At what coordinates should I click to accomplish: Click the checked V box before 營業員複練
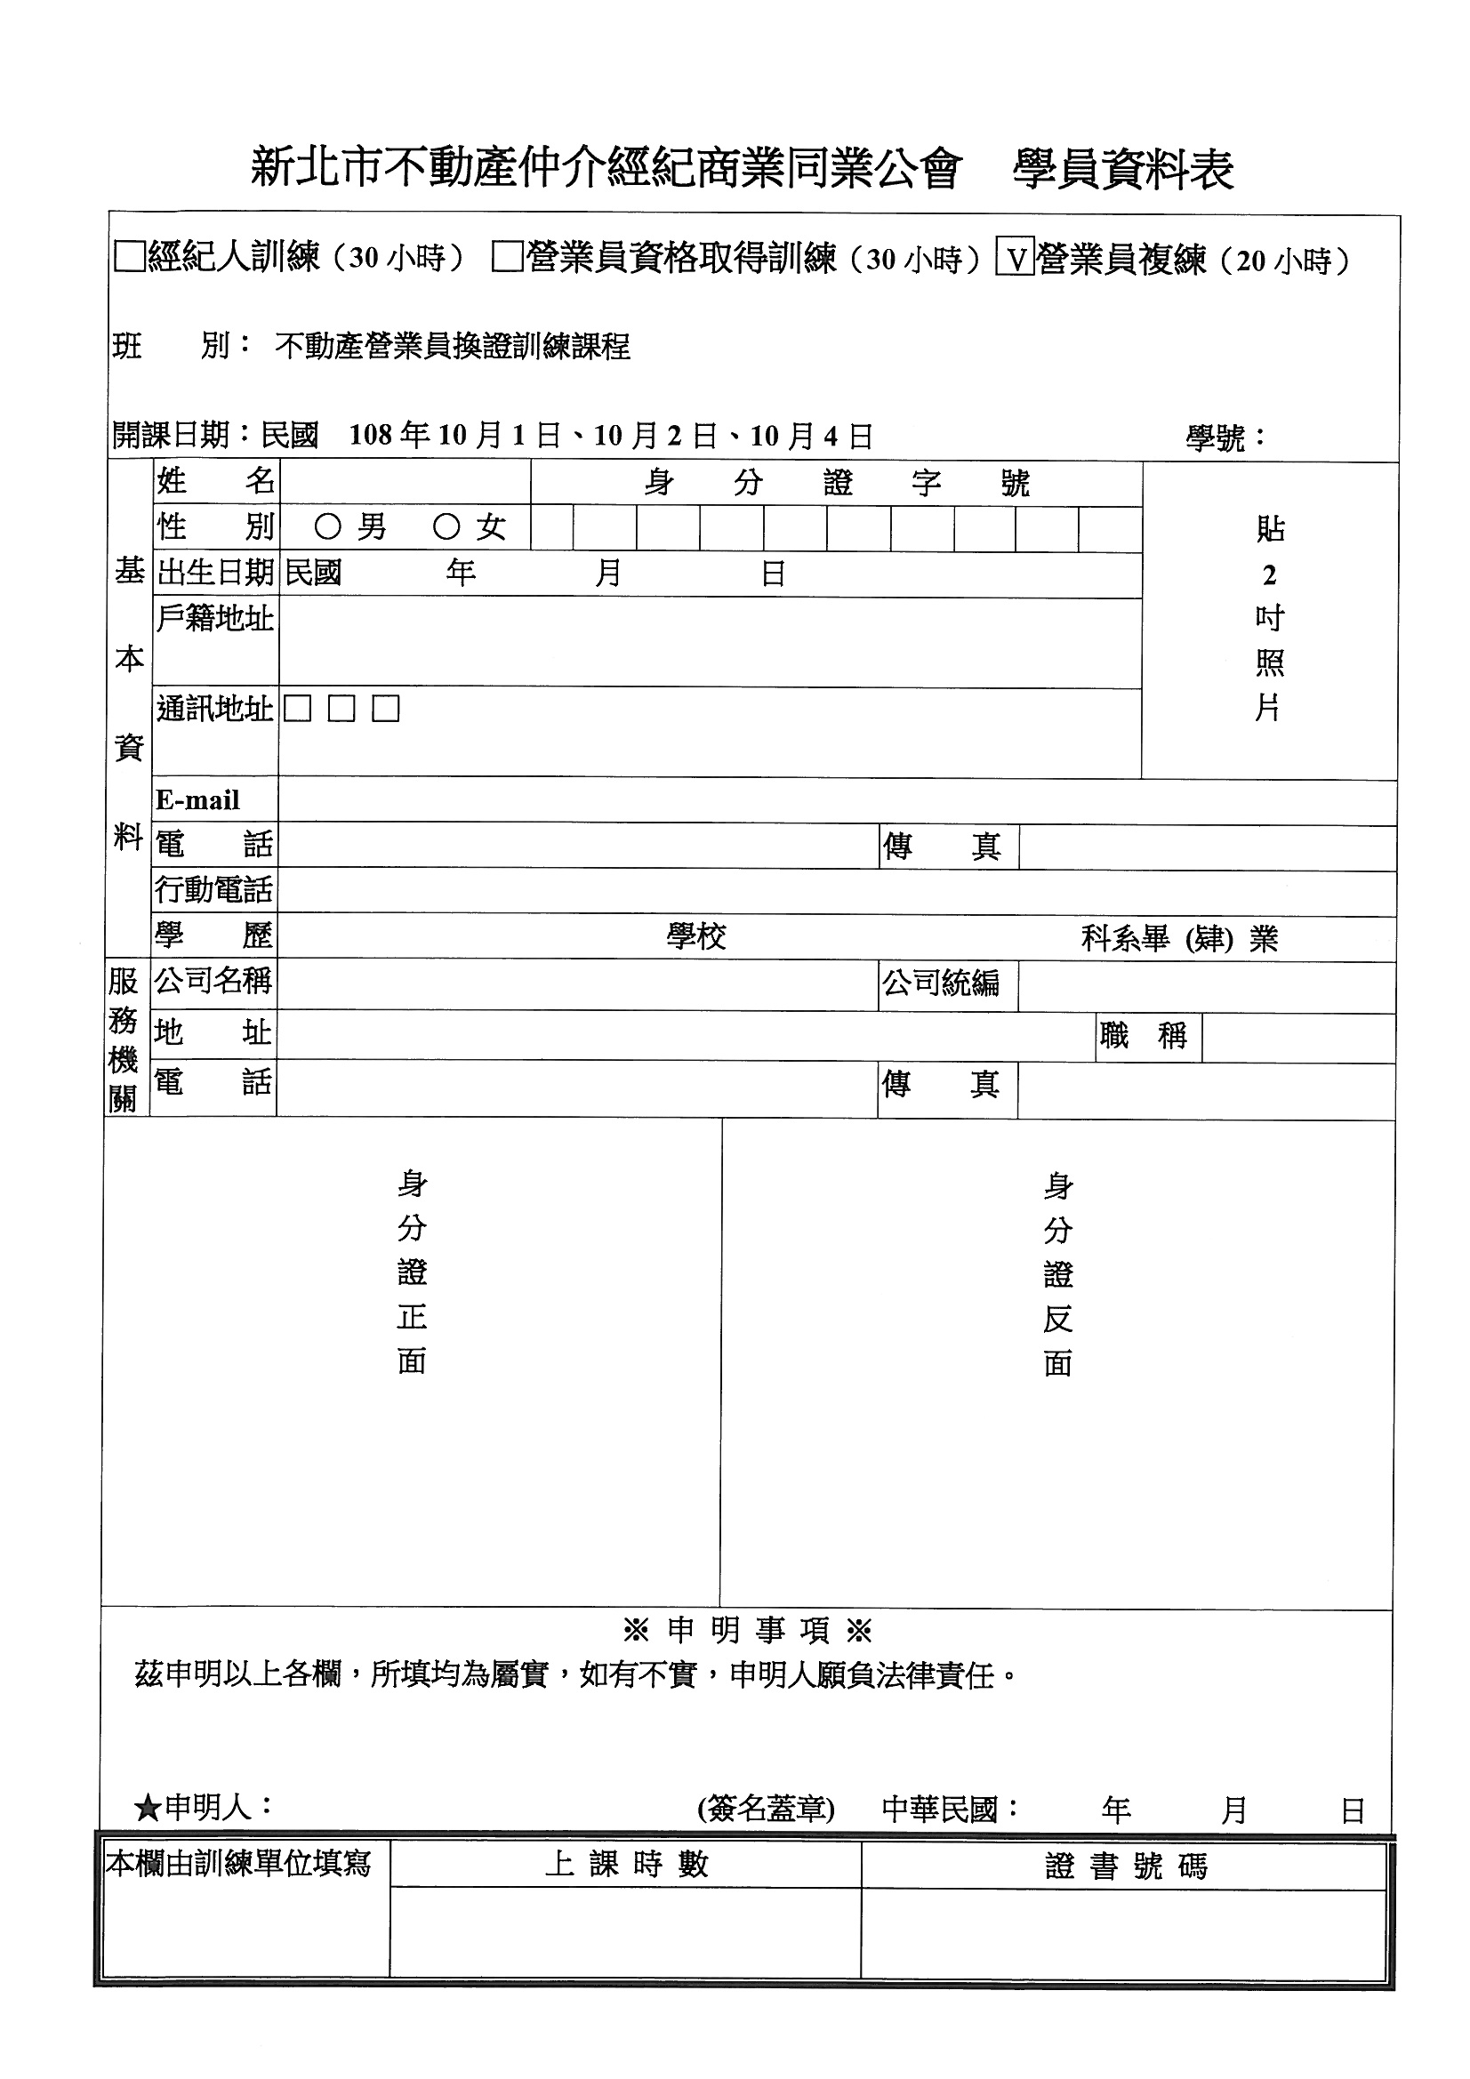(x=1016, y=258)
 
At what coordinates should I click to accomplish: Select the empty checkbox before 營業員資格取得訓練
(x=507, y=257)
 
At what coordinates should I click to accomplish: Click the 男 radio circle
(x=327, y=526)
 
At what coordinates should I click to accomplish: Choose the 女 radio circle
(x=446, y=526)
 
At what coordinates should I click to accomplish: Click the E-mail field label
(x=197, y=800)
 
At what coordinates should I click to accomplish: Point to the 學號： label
(x=1225, y=438)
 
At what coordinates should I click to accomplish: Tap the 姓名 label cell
(x=215, y=481)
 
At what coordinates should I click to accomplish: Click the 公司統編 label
(x=942, y=983)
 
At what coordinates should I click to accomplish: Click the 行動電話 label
(x=213, y=890)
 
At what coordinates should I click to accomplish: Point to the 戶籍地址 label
(x=214, y=618)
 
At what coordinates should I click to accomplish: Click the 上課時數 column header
(x=626, y=1865)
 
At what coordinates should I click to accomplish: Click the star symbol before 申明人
(x=147, y=1810)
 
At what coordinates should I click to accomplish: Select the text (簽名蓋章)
(x=766, y=1810)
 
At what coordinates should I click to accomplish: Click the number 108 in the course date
(x=370, y=436)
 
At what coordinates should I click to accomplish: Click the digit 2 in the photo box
(x=1269, y=575)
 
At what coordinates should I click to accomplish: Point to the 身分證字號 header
(x=836, y=483)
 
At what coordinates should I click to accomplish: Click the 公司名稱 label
(x=213, y=981)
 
